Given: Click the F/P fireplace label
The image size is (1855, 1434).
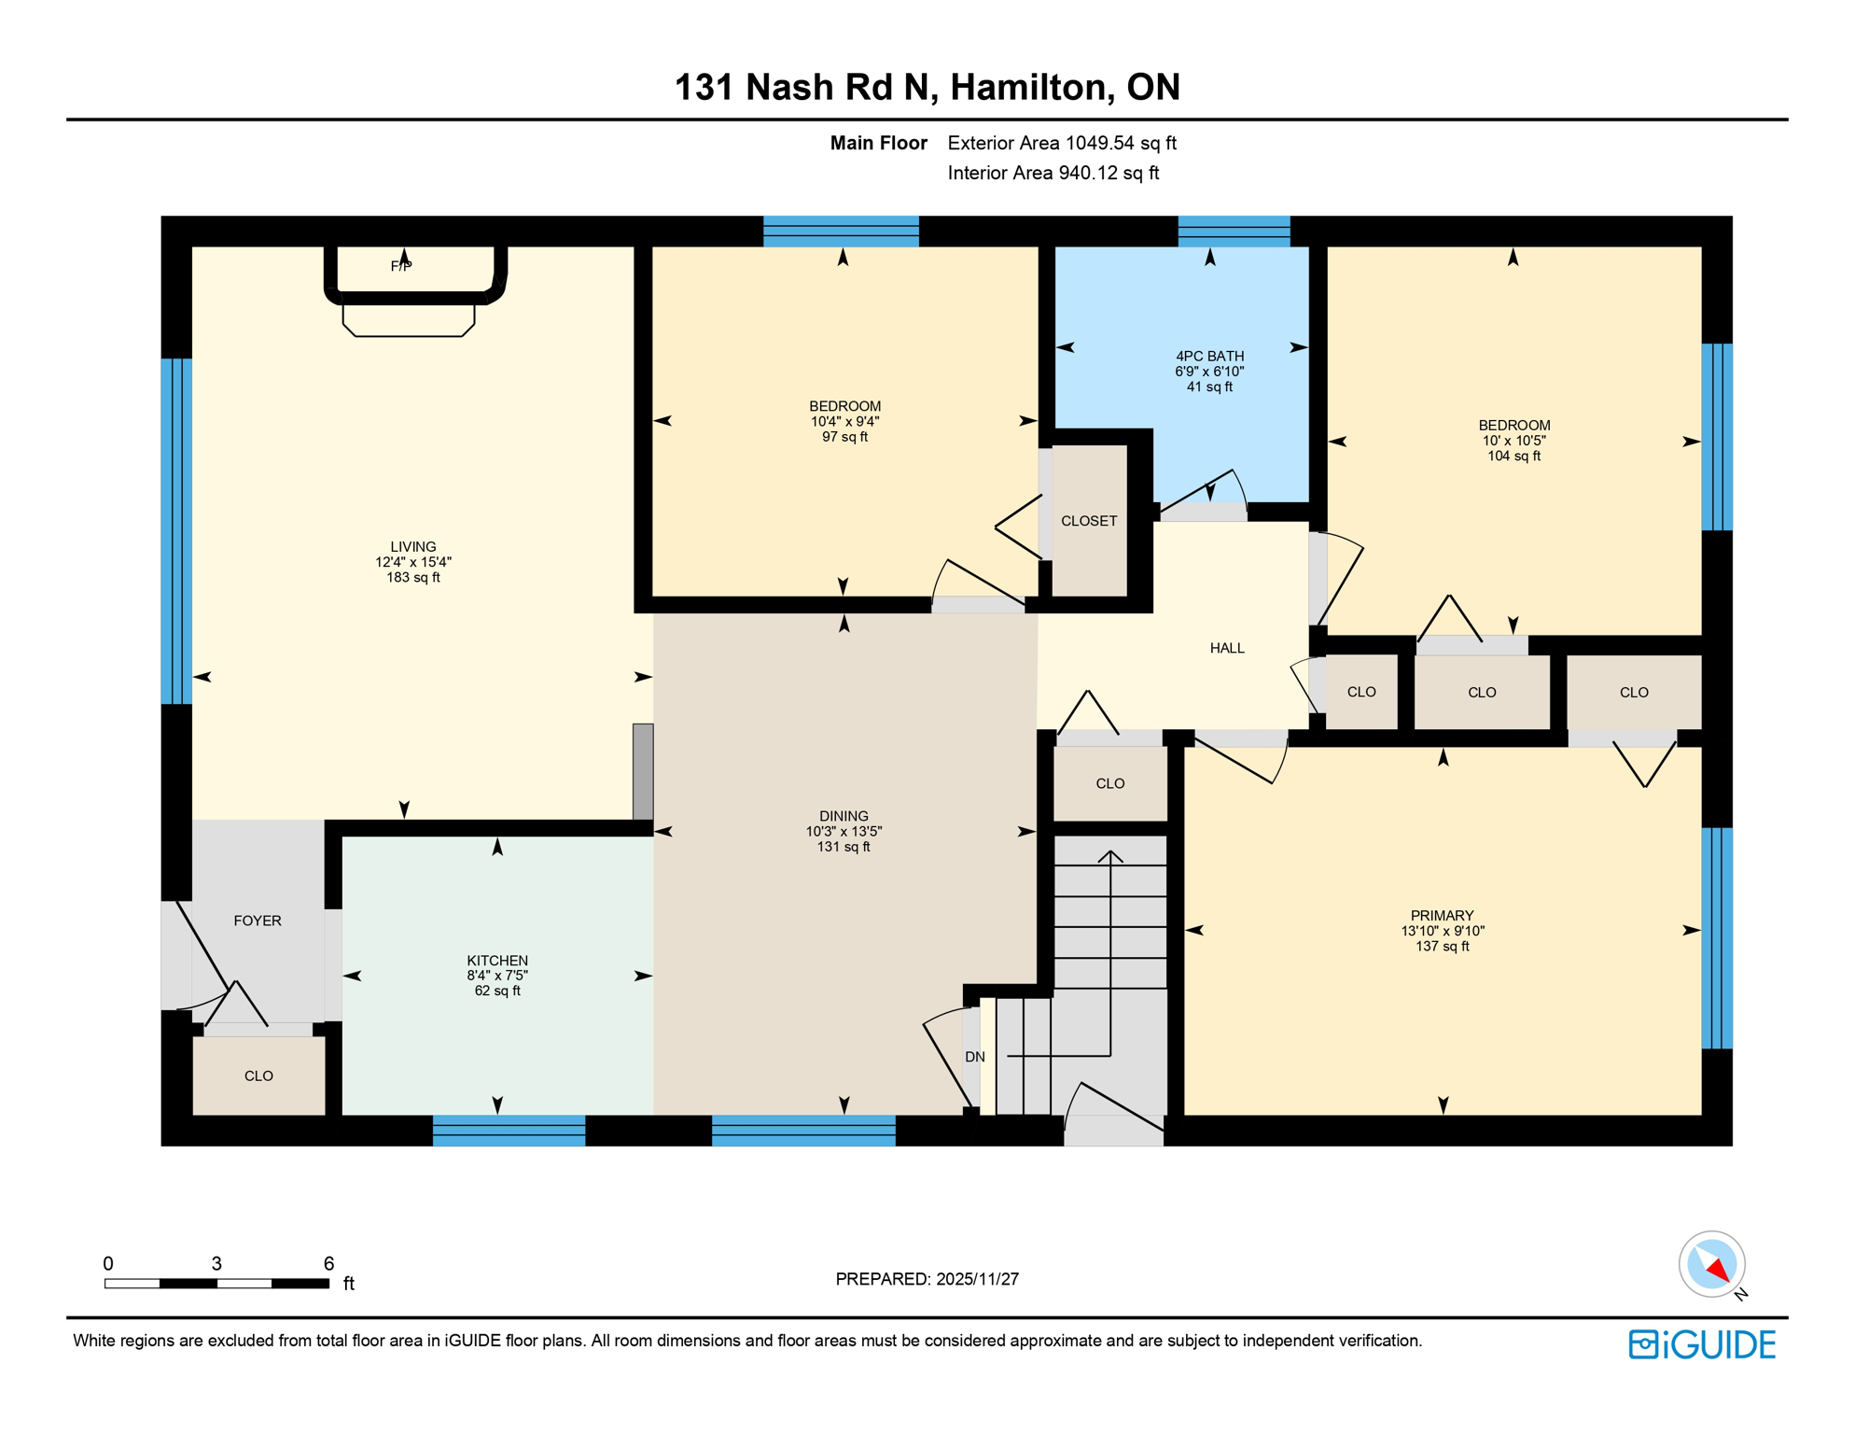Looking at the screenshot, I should coord(401,266).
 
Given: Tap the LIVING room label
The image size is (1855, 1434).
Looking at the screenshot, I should coord(412,547).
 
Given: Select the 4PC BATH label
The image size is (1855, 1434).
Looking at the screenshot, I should coord(1209,356).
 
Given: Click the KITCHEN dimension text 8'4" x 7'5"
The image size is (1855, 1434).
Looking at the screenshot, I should coord(497,976).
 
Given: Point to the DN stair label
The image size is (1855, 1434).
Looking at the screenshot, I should coord(975,1057).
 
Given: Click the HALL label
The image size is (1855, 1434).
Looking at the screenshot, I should coord(1227,648).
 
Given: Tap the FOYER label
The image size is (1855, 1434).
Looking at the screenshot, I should coord(258,921).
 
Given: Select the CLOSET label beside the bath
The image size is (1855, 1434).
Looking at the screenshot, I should coord(1089,521).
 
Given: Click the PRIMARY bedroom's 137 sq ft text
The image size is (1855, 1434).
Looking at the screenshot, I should coord(1442,947).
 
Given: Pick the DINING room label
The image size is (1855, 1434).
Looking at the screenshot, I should coord(844,816).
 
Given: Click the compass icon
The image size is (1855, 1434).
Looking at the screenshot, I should coord(1711,1264).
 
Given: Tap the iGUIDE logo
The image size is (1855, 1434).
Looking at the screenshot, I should coord(1702,1344).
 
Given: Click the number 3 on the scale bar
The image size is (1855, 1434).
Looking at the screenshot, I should coord(216,1264).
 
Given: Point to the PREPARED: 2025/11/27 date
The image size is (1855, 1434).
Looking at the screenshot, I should coord(927,1279).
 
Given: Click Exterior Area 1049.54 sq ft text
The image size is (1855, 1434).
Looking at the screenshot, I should coord(1062,143).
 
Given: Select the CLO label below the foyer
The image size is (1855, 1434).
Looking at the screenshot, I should coord(258,1076).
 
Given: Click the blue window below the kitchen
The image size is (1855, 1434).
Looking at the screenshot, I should coord(509,1131).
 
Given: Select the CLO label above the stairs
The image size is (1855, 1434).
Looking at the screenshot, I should coord(1110,783).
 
